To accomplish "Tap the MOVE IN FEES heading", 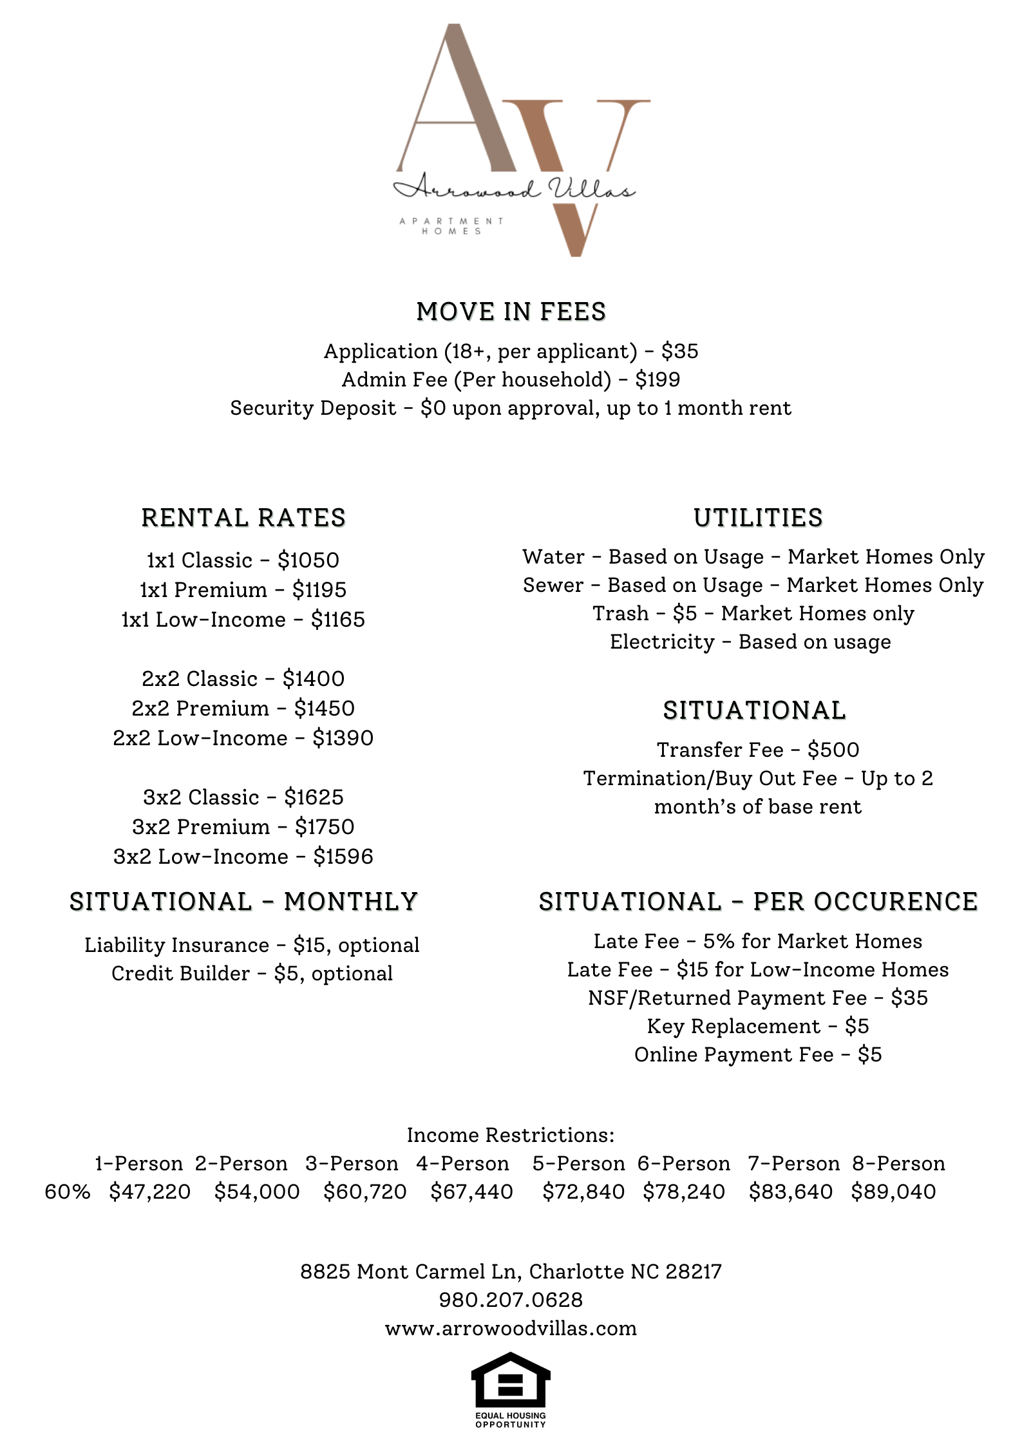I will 511,312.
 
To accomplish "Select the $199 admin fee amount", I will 658,379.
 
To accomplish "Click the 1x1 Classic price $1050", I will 308,560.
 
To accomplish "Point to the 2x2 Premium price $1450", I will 324,709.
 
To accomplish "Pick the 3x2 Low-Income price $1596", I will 343,857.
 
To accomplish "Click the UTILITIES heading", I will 758,518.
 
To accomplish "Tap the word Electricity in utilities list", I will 662,642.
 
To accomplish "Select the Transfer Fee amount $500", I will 833,750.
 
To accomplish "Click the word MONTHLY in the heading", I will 351,902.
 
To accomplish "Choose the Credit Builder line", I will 252,973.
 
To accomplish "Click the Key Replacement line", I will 757,1026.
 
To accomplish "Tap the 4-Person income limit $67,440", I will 471,1192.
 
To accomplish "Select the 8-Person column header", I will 898,1163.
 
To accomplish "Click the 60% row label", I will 68,1192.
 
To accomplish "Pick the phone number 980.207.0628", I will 511,1300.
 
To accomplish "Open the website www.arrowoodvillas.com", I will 511,1328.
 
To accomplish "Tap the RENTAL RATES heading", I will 243,518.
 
